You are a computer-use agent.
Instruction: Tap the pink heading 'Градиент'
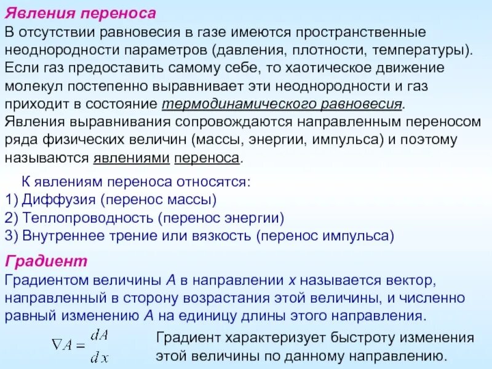46,261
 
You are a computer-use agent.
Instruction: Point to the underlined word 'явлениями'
132,158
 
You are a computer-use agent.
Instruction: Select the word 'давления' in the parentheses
250,48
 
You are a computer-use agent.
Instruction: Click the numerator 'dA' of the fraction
99,335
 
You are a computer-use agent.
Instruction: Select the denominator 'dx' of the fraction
99,355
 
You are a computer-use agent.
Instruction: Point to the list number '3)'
12,235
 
